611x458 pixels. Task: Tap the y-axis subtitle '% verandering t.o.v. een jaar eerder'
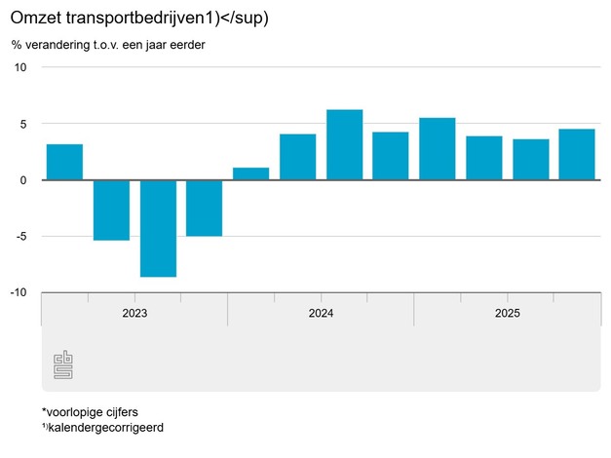pos(108,45)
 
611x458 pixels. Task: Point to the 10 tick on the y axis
pos(20,67)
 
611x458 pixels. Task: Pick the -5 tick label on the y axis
pos(21,236)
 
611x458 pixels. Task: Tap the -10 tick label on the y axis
pos(19,292)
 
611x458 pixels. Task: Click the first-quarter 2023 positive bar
pos(64,162)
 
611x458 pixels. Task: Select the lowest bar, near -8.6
pos(158,228)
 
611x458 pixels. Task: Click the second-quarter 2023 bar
pos(111,210)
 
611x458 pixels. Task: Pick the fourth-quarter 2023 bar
pos(205,208)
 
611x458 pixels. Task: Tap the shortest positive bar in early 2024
pos(251,173)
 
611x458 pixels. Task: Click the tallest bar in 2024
pos(344,144)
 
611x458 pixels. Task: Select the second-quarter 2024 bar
pos(297,157)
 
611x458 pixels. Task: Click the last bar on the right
pos(577,154)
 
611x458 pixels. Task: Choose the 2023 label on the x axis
pos(134,313)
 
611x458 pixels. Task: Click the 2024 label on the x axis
pos(321,313)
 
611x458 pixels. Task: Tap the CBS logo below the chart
pos(63,366)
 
